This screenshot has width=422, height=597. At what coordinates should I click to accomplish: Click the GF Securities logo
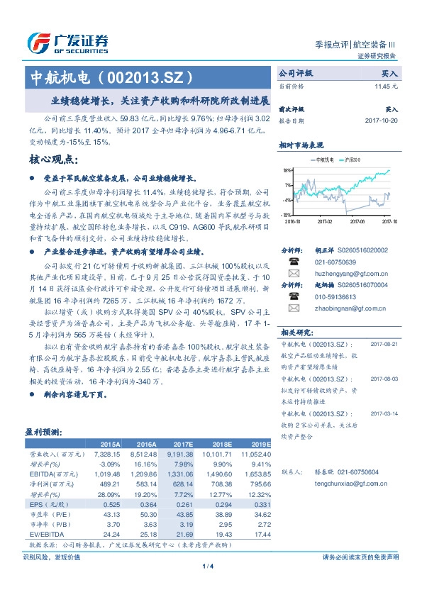(67, 43)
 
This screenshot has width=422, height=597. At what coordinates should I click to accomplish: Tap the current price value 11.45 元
(386, 86)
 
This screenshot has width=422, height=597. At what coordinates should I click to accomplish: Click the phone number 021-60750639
(333, 262)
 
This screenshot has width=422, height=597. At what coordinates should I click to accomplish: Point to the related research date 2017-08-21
(384, 343)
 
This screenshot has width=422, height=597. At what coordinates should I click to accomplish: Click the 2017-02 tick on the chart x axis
(326, 221)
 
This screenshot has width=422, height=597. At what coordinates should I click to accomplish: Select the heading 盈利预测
(44, 430)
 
